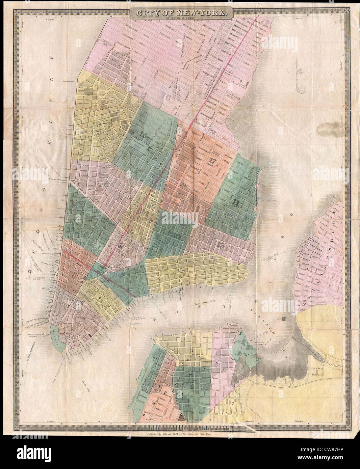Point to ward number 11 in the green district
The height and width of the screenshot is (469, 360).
point(235,203)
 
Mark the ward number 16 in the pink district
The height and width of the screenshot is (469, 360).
point(167,97)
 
